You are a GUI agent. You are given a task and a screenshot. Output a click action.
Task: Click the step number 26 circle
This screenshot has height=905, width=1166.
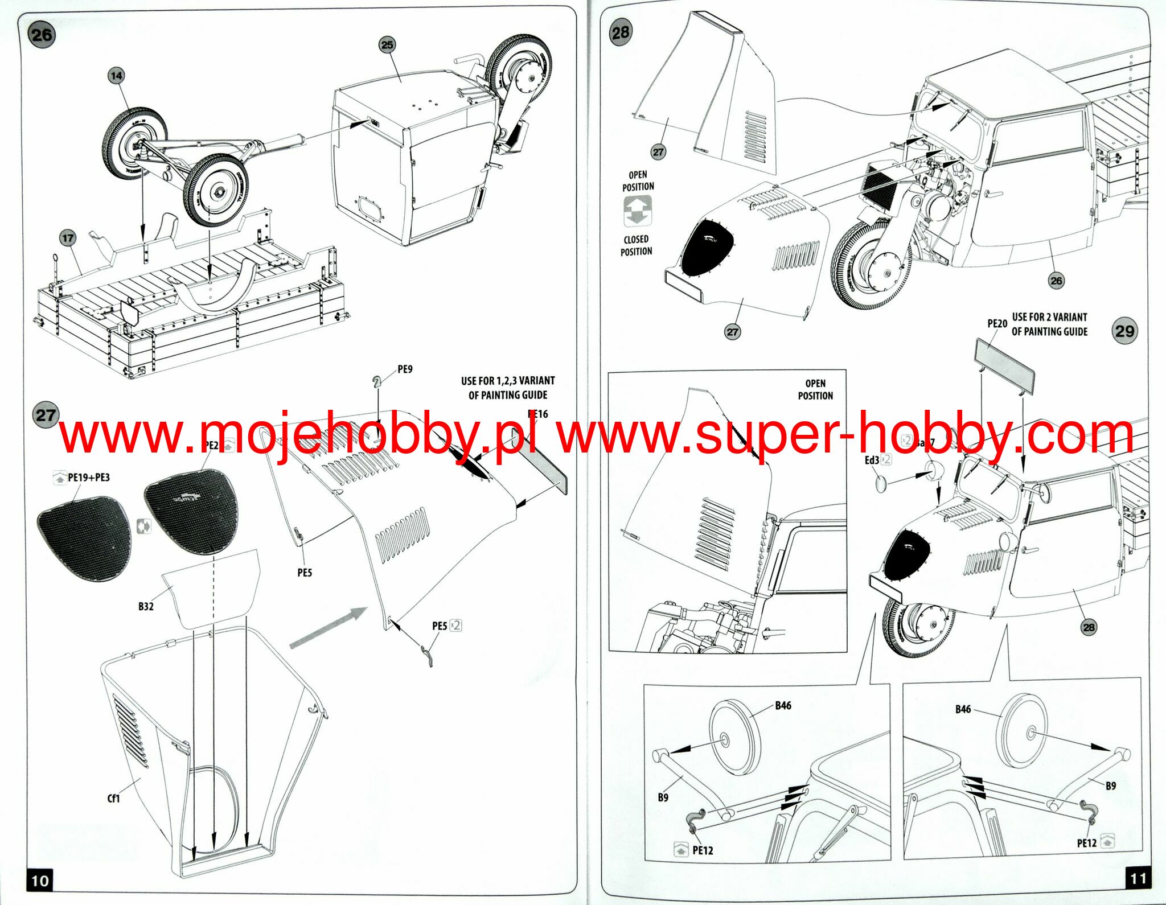click(42, 35)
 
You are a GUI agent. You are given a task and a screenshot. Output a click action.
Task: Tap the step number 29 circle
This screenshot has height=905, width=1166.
click(1124, 332)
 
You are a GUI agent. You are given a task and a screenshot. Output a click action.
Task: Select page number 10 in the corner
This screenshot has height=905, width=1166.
click(40, 881)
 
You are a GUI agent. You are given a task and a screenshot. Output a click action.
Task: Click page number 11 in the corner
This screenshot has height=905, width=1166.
click(1138, 878)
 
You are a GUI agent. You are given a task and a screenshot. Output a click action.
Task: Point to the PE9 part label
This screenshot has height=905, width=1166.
click(405, 369)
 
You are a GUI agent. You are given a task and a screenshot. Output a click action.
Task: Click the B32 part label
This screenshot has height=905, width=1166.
click(146, 607)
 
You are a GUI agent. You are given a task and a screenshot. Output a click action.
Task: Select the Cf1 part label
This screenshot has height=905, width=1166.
click(114, 799)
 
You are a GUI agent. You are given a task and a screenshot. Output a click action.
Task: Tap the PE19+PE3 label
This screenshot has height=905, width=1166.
click(88, 478)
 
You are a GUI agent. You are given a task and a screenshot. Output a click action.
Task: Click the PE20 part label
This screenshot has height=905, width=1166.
click(997, 323)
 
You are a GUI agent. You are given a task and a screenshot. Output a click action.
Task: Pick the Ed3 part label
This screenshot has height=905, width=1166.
click(872, 460)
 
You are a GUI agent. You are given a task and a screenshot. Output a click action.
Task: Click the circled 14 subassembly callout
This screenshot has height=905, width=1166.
click(116, 76)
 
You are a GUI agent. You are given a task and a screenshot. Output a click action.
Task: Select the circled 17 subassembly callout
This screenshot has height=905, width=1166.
click(68, 238)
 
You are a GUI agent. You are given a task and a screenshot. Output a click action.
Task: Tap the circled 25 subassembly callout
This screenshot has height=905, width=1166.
click(387, 45)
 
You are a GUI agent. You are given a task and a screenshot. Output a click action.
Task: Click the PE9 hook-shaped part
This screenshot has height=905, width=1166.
click(376, 382)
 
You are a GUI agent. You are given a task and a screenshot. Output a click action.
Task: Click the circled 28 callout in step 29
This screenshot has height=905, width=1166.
click(1088, 627)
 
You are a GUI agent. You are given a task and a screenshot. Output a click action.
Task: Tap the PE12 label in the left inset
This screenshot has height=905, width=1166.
click(703, 850)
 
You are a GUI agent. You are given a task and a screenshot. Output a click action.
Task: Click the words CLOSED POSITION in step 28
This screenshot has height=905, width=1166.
click(636, 245)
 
